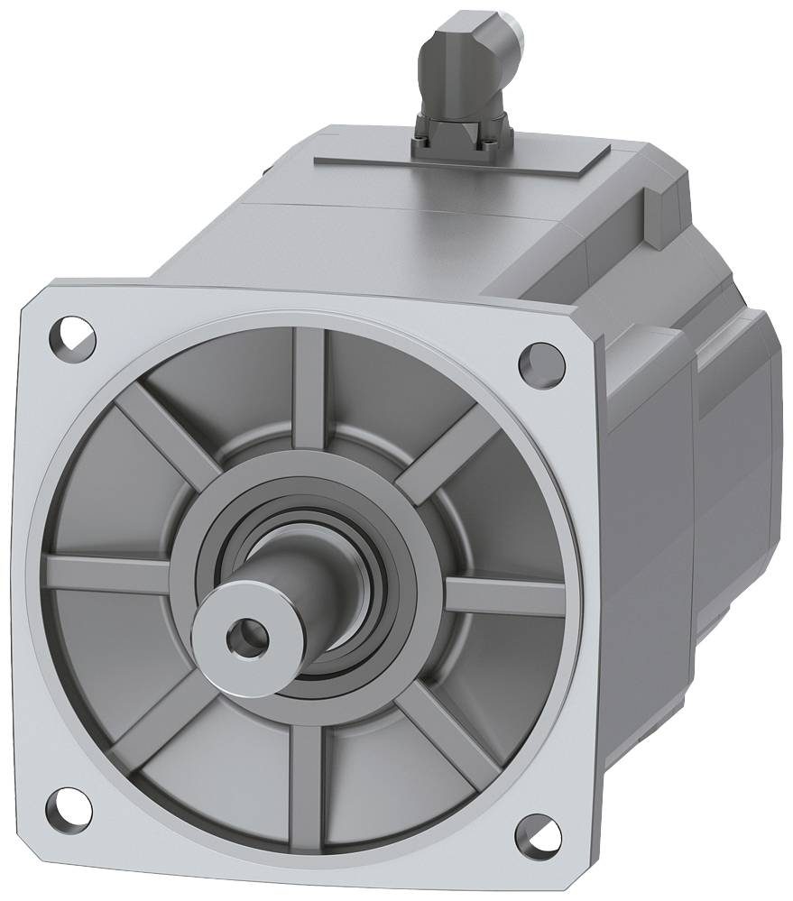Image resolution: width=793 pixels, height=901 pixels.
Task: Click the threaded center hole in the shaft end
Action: coord(244,638)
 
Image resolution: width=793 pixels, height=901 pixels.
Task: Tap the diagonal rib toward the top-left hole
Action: coord(162,433)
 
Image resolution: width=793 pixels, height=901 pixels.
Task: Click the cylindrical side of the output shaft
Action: coord(298,586)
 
